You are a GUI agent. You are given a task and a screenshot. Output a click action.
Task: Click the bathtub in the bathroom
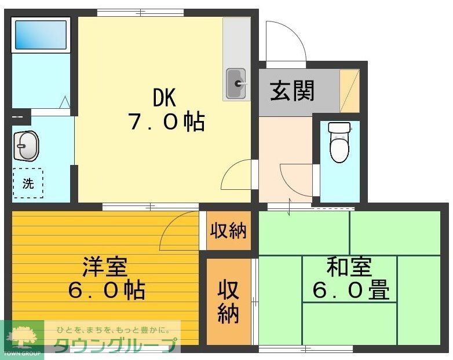point(40,35)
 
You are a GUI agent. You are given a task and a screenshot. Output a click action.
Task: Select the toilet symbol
point(339,142)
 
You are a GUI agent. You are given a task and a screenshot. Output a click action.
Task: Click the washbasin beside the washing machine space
point(26,146)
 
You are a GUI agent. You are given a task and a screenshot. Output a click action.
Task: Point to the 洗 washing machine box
point(28,183)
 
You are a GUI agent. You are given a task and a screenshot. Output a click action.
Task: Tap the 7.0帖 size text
point(166,122)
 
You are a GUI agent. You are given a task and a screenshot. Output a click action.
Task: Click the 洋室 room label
point(104,267)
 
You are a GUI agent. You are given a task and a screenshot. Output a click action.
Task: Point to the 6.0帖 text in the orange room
point(106,290)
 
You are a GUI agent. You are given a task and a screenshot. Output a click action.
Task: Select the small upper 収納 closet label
point(228,231)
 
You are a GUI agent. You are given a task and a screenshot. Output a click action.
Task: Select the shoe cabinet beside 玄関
point(349,90)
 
